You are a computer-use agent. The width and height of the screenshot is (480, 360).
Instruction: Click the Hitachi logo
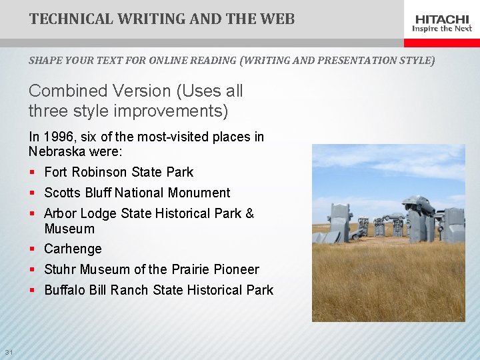click(x=442, y=19)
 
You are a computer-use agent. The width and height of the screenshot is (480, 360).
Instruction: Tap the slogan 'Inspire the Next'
click(x=442, y=29)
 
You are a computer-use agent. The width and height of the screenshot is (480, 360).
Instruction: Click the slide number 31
click(x=9, y=352)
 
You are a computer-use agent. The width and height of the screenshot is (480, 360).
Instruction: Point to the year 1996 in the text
click(x=58, y=137)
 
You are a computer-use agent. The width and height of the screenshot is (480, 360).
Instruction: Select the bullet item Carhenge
click(x=73, y=249)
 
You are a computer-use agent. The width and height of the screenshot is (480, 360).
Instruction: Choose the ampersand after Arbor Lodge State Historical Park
click(x=249, y=213)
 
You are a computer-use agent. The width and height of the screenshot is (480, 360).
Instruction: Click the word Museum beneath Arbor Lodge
click(x=69, y=229)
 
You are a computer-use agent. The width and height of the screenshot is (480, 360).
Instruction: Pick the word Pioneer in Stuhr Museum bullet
click(x=237, y=269)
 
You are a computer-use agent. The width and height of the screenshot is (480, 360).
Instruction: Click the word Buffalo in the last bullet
click(x=65, y=290)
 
